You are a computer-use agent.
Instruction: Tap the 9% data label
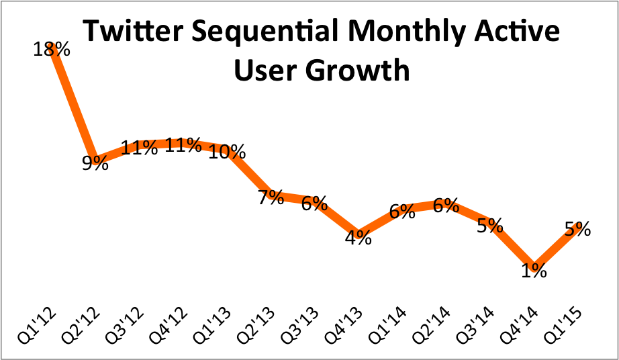point(95,163)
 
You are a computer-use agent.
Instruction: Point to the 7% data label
point(271,198)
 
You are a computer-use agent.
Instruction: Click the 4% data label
point(359,238)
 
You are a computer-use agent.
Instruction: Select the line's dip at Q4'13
point(359,231)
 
